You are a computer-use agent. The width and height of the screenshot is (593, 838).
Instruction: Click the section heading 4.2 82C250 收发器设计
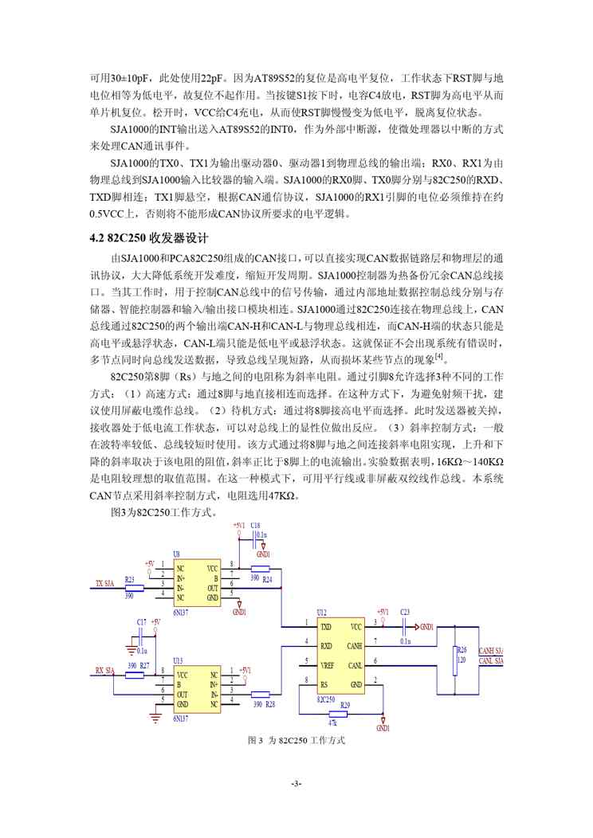[x=149, y=238]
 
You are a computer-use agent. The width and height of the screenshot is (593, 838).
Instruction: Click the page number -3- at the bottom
[x=296, y=785]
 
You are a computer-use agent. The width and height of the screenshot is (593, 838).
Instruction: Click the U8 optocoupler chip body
[x=198, y=583]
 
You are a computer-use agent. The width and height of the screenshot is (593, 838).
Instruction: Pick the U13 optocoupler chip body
[x=198, y=690]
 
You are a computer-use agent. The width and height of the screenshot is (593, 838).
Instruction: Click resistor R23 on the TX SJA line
[x=134, y=589]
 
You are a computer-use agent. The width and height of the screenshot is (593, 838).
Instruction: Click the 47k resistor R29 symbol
[x=344, y=713]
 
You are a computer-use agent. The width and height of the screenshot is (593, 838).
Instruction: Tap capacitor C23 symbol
[x=404, y=627]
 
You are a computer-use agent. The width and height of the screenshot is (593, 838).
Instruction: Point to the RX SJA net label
[x=105, y=670]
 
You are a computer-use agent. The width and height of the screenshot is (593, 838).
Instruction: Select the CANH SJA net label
[x=491, y=650]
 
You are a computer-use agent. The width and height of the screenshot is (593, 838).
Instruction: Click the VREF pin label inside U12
[x=327, y=663]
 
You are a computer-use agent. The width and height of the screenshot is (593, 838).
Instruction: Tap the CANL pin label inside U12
[x=355, y=663]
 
